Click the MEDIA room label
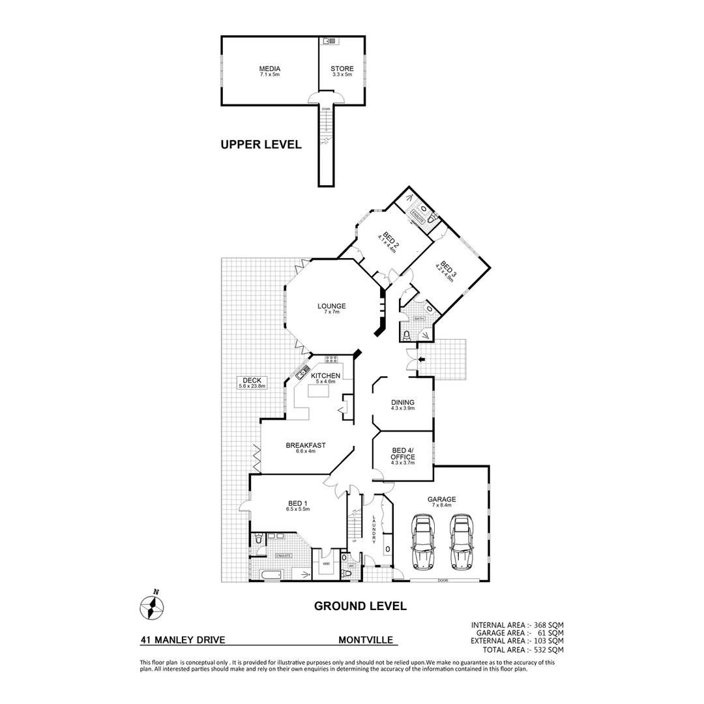tap(269, 68)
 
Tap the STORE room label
tap(342, 68)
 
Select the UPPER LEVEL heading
tap(261, 145)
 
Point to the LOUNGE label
tap(331, 306)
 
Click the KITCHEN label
tap(325, 376)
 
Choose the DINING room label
tap(402, 403)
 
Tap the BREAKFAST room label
tap(306, 446)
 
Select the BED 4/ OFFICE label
tap(403, 454)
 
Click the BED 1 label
tap(298, 503)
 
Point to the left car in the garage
tap(422, 541)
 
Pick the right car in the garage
tap(462, 541)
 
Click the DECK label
tap(252, 381)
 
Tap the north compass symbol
tap(152, 607)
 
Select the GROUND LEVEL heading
tap(360, 606)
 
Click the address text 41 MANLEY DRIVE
tap(183, 640)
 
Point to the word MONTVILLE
tap(366, 640)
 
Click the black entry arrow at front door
tap(422, 359)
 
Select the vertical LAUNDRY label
tap(374, 529)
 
